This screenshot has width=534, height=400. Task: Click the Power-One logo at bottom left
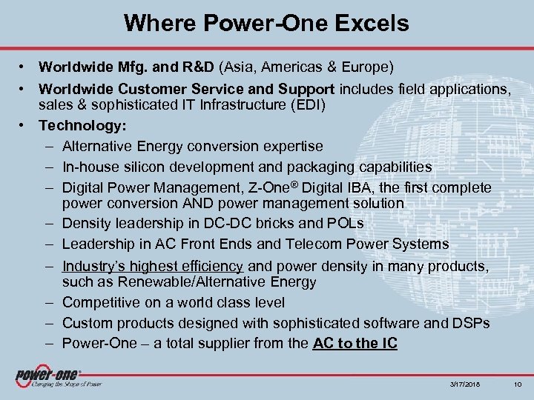[x=49, y=376]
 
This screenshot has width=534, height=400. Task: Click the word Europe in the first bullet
[x=358, y=67]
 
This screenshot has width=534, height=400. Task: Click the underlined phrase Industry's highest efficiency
[x=152, y=266]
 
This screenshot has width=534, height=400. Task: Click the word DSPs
[x=470, y=322]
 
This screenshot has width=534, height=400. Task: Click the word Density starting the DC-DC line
[x=88, y=224]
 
